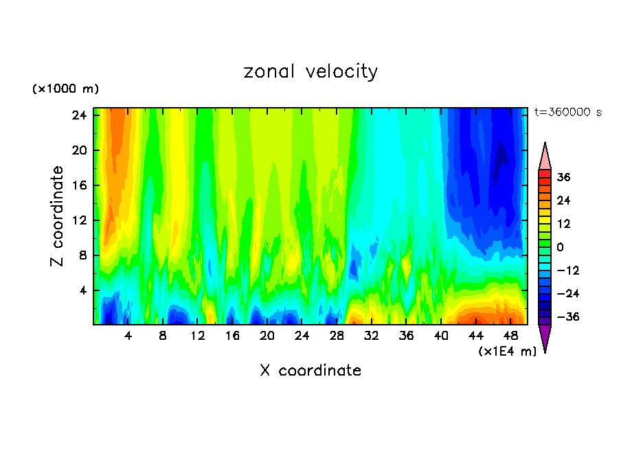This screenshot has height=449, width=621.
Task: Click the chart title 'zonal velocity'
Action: click(310, 71)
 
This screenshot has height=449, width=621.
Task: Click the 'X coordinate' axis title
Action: click(310, 371)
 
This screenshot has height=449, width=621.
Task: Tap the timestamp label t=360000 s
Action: click(567, 112)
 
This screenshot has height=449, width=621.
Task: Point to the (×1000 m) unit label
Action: click(66, 89)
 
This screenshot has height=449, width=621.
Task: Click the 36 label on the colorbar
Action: click(564, 177)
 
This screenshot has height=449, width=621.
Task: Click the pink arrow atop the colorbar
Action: click(545, 156)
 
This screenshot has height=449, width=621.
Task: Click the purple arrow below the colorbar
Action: click(545, 338)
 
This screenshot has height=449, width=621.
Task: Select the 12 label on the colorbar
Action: click(564, 224)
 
